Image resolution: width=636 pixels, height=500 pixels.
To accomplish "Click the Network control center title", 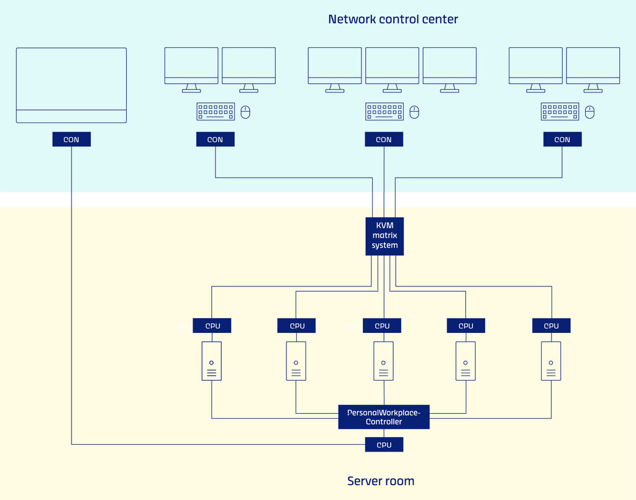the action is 393,19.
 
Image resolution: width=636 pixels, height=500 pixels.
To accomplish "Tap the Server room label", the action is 381,481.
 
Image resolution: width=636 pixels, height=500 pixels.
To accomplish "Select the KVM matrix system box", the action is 384,237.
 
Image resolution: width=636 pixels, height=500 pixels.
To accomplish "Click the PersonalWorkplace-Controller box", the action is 384,417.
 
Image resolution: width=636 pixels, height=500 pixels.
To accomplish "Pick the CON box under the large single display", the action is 71,139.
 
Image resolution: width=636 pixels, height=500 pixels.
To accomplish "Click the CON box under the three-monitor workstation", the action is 384,139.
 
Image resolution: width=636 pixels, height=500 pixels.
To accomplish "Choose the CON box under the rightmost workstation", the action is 562,139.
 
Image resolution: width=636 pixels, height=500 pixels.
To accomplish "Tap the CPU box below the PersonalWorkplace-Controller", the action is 384,445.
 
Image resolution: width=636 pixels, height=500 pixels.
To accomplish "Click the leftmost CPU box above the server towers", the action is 212,325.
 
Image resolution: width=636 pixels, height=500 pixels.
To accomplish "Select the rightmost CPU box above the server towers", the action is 552,325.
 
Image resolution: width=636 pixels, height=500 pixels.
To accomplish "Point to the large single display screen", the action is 71,85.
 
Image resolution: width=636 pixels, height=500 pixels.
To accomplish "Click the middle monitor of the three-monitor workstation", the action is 393,70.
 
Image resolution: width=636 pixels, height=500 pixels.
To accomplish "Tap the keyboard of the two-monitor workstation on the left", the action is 216,112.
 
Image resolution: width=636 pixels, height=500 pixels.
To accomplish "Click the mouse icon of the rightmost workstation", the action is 590,112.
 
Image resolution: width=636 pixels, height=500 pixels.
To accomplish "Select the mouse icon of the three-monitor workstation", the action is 414,112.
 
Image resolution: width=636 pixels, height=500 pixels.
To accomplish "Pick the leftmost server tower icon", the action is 212,361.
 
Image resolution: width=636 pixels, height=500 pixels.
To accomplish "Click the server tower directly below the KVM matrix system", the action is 383,361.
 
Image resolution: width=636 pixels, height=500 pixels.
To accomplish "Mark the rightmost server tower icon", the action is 551,361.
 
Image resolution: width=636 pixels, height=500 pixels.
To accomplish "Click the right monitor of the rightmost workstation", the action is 593,70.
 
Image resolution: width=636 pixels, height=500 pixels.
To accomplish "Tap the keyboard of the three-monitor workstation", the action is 384,112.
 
